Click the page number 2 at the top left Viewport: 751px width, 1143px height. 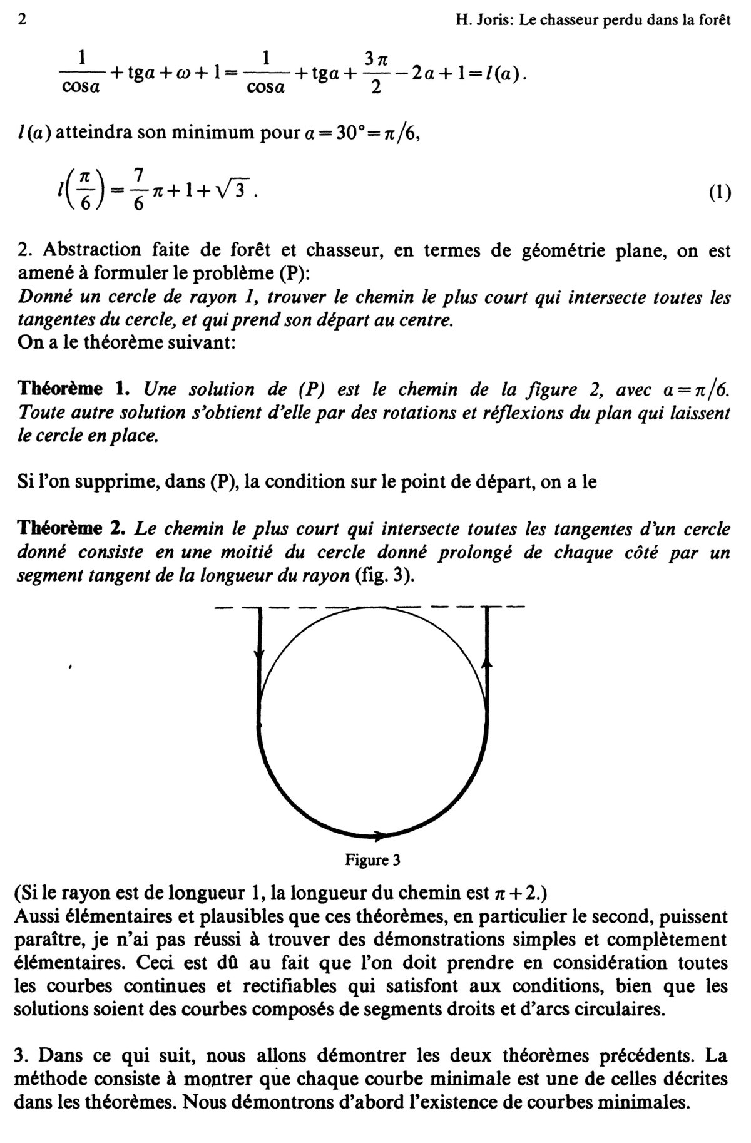23,19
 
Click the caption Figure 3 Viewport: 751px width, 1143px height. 372,860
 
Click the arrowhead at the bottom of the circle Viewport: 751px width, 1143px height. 379,834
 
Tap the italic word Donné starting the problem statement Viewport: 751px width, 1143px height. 41,297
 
